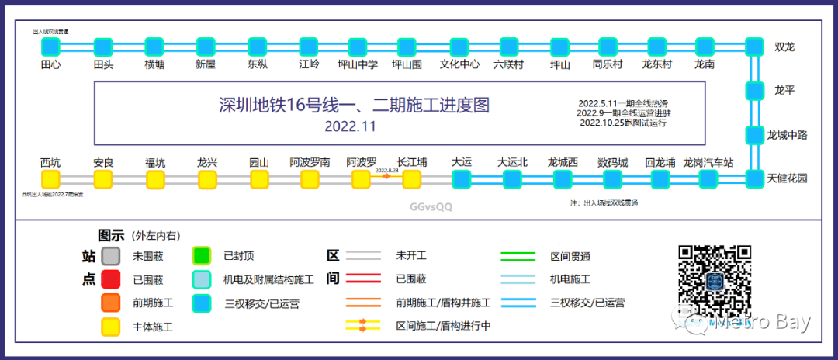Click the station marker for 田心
pos(51,47)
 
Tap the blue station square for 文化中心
pos(459,47)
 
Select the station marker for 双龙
pos(755,47)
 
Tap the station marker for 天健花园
pos(755,179)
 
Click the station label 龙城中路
pos(787,135)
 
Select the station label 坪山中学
pos(358,65)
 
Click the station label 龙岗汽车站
pos(708,163)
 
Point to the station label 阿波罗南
pos(310,163)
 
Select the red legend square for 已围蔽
pos(111,279)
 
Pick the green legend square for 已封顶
pos(202,255)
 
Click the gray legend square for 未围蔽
pos(111,255)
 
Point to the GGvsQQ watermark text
pos(431,207)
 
